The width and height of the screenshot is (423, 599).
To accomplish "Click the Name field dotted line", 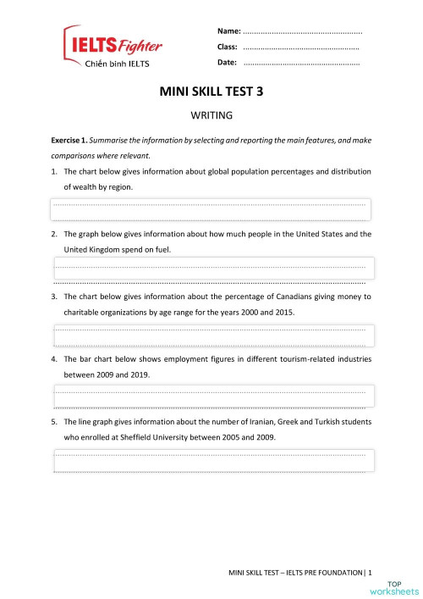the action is [x=302, y=31].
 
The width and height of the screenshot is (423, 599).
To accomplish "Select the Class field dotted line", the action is [x=300, y=47].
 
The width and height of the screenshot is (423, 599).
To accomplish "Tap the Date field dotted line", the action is [x=300, y=64].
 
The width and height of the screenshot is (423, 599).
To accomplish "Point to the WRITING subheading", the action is [x=211, y=114].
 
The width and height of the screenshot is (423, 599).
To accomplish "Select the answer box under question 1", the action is [x=211, y=210].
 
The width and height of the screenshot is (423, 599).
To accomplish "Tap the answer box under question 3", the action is [x=211, y=336].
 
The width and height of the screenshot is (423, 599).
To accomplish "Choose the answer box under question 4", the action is [x=211, y=396].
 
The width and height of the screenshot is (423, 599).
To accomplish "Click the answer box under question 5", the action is [x=211, y=460].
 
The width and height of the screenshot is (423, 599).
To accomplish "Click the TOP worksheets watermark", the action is [x=404, y=586].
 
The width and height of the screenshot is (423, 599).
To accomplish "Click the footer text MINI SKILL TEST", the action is [x=262, y=574].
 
